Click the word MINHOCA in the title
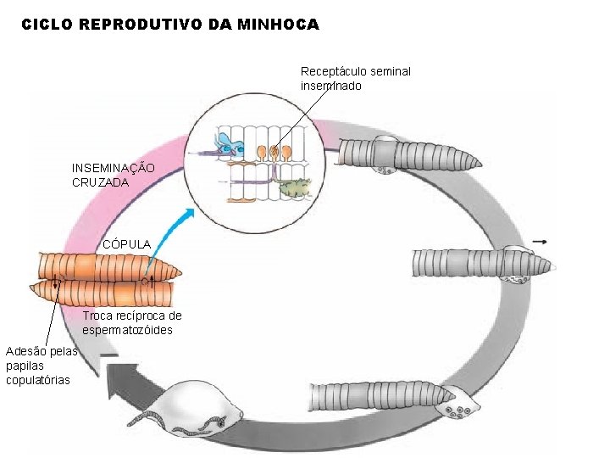click(x=279, y=25)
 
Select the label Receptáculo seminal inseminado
click(x=355, y=78)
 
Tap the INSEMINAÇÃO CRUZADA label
click(x=113, y=175)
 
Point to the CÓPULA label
click(x=126, y=244)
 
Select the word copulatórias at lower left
click(x=38, y=380)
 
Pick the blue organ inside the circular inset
click(x=228, y=145)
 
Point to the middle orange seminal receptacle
click(x=274, y=153)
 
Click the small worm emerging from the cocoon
click(x=157, y=421)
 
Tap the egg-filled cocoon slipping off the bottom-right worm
click(x=455, y=405)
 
